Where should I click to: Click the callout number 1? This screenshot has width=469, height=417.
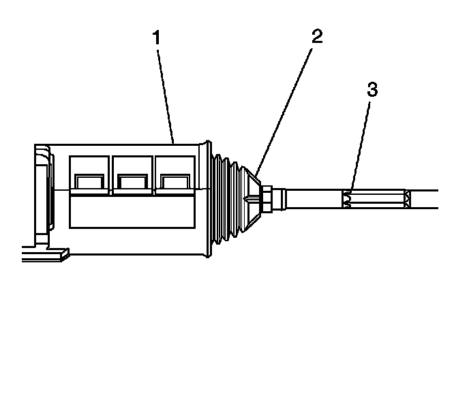point(157,37)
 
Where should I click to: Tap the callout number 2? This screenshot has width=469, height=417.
point(317,37)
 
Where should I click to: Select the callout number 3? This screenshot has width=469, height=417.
point(371,89)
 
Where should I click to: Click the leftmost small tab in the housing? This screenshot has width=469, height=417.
point(89,181)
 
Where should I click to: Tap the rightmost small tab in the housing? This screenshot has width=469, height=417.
point(174,181)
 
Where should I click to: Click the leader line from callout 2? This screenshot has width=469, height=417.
point(287,110)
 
